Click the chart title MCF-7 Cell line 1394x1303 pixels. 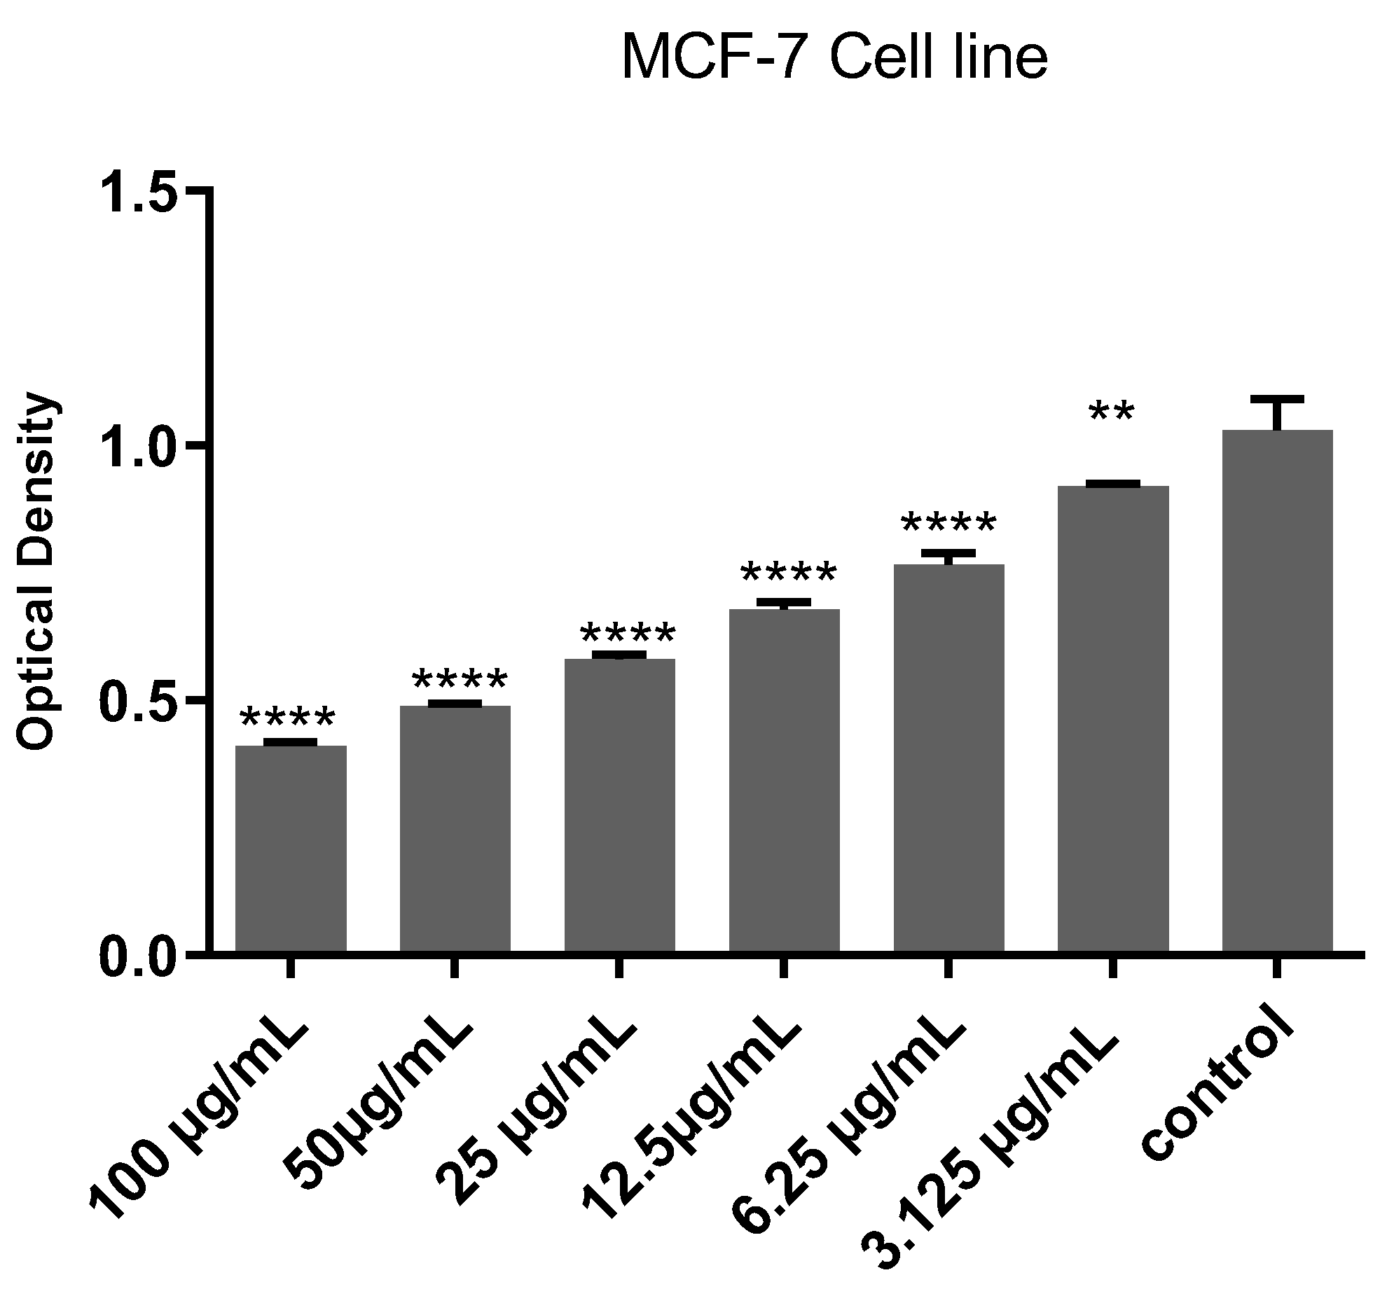pyautogui.click(x=834, y=59)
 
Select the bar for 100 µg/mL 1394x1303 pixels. pyautogui.click(x=290, y=848)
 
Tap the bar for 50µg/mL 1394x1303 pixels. pyautogui.click(x=455, y=827)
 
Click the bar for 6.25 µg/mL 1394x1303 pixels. pyautogui.click(x=948, y=757)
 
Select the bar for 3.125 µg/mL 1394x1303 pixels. pyautogui.click(x=1113, y=718)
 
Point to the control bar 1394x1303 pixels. pyautogui.click(x=1277, y=690)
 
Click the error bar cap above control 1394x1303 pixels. pyautogui.click(x=1277, y=399)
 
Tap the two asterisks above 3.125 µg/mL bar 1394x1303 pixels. pyautogui.click(x=1112, y=413)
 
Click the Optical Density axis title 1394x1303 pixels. pyautogui.click(x=36, y=571)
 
